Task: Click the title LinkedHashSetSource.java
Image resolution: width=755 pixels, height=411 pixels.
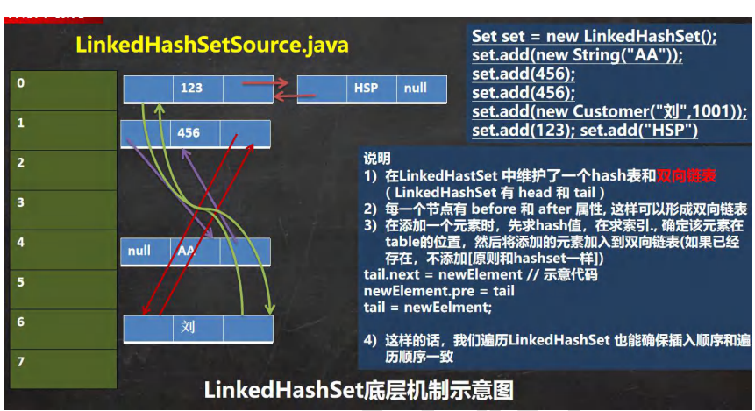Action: pyautogui.click(x=212, y=45)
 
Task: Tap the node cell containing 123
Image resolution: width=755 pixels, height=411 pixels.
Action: pyautogui.click(x=191, y=89)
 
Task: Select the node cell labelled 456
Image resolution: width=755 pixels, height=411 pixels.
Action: pyautogui.click(x=189, y=133)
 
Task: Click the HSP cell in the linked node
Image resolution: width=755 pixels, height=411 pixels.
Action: pyautogui.click(x=366, y=89)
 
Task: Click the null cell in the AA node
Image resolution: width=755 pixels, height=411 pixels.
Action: pyautogui.click(x=139, y=251)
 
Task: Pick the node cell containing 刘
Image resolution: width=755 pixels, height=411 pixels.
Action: pyautogui.click(x=189, y=328)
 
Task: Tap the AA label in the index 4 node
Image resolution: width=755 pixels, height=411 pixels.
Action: pyautogui.click(x=187, y=251)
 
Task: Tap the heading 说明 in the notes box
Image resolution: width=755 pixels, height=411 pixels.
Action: pyautogui.click(x=377, y=159)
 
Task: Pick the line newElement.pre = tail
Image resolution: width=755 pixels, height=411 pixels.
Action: pyautogui.click(x=439, y=291)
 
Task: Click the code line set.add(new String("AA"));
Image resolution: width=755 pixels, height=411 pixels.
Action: pyautogui.click(x=577, y=55)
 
